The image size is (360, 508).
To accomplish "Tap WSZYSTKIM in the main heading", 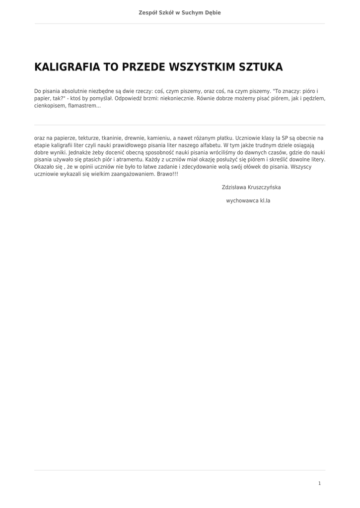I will pos(203,67).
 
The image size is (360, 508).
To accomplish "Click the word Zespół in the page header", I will pos(147,12).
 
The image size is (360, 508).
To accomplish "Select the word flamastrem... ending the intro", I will pos(84,106).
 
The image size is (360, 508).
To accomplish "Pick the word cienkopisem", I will pos(50,106).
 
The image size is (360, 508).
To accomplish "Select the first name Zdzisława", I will pos(234,188).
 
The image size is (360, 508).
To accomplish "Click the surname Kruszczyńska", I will pos(265,188).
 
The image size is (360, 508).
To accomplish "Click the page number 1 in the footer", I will pos(319,483).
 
